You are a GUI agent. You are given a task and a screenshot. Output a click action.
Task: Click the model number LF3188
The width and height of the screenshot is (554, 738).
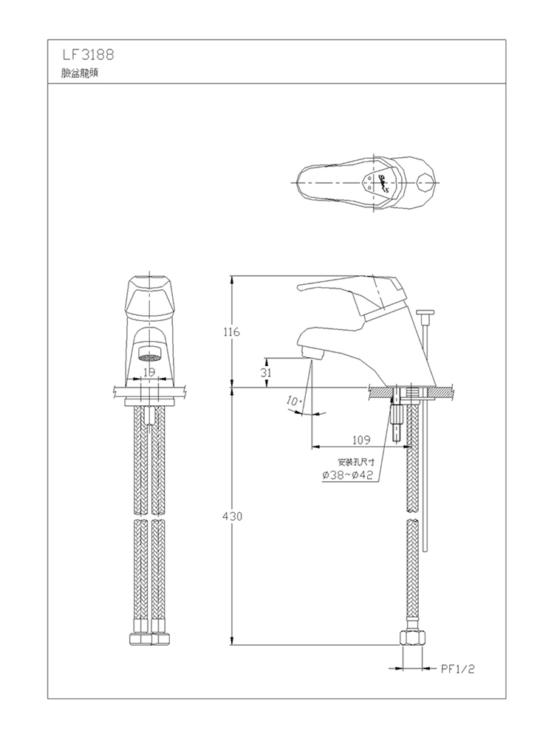88,55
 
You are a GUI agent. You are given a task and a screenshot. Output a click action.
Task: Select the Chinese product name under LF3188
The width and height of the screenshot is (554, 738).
80,73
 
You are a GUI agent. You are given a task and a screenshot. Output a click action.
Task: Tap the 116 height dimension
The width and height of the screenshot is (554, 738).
231,332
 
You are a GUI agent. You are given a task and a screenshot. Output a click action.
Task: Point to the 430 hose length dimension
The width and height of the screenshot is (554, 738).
232,517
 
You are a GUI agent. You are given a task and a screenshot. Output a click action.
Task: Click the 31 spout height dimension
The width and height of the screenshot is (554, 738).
266,372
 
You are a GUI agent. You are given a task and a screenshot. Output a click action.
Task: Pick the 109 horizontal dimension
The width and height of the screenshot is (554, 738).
361,440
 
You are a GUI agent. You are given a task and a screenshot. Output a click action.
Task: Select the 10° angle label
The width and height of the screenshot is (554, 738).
293,401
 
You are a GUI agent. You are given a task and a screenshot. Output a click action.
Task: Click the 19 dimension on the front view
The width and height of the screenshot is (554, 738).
149,372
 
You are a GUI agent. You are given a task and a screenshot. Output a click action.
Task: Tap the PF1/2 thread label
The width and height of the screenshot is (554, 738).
457,669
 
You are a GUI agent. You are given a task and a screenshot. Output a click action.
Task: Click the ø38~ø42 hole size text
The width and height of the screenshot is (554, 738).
348,475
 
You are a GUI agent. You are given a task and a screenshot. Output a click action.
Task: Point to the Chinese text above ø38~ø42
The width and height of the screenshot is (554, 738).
356,462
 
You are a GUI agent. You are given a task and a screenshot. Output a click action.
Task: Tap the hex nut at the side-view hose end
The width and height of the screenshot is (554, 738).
413,638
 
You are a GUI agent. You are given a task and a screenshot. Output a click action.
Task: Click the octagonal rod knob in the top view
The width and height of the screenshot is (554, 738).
426,182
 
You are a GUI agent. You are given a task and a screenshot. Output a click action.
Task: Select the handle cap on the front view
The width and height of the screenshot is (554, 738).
149,297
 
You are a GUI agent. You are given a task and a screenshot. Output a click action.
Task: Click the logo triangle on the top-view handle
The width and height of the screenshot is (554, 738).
377,182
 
